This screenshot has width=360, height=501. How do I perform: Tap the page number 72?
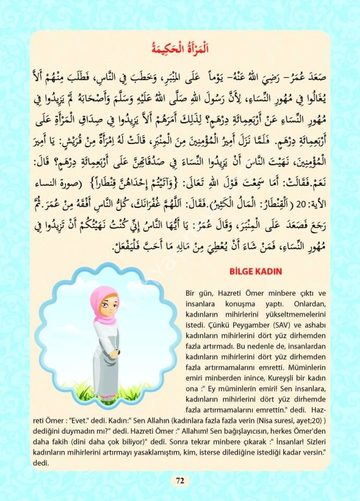[x=180, y=481]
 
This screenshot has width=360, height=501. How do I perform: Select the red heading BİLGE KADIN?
[x=256, y=272]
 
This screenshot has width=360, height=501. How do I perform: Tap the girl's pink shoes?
[x=107, y=398]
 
